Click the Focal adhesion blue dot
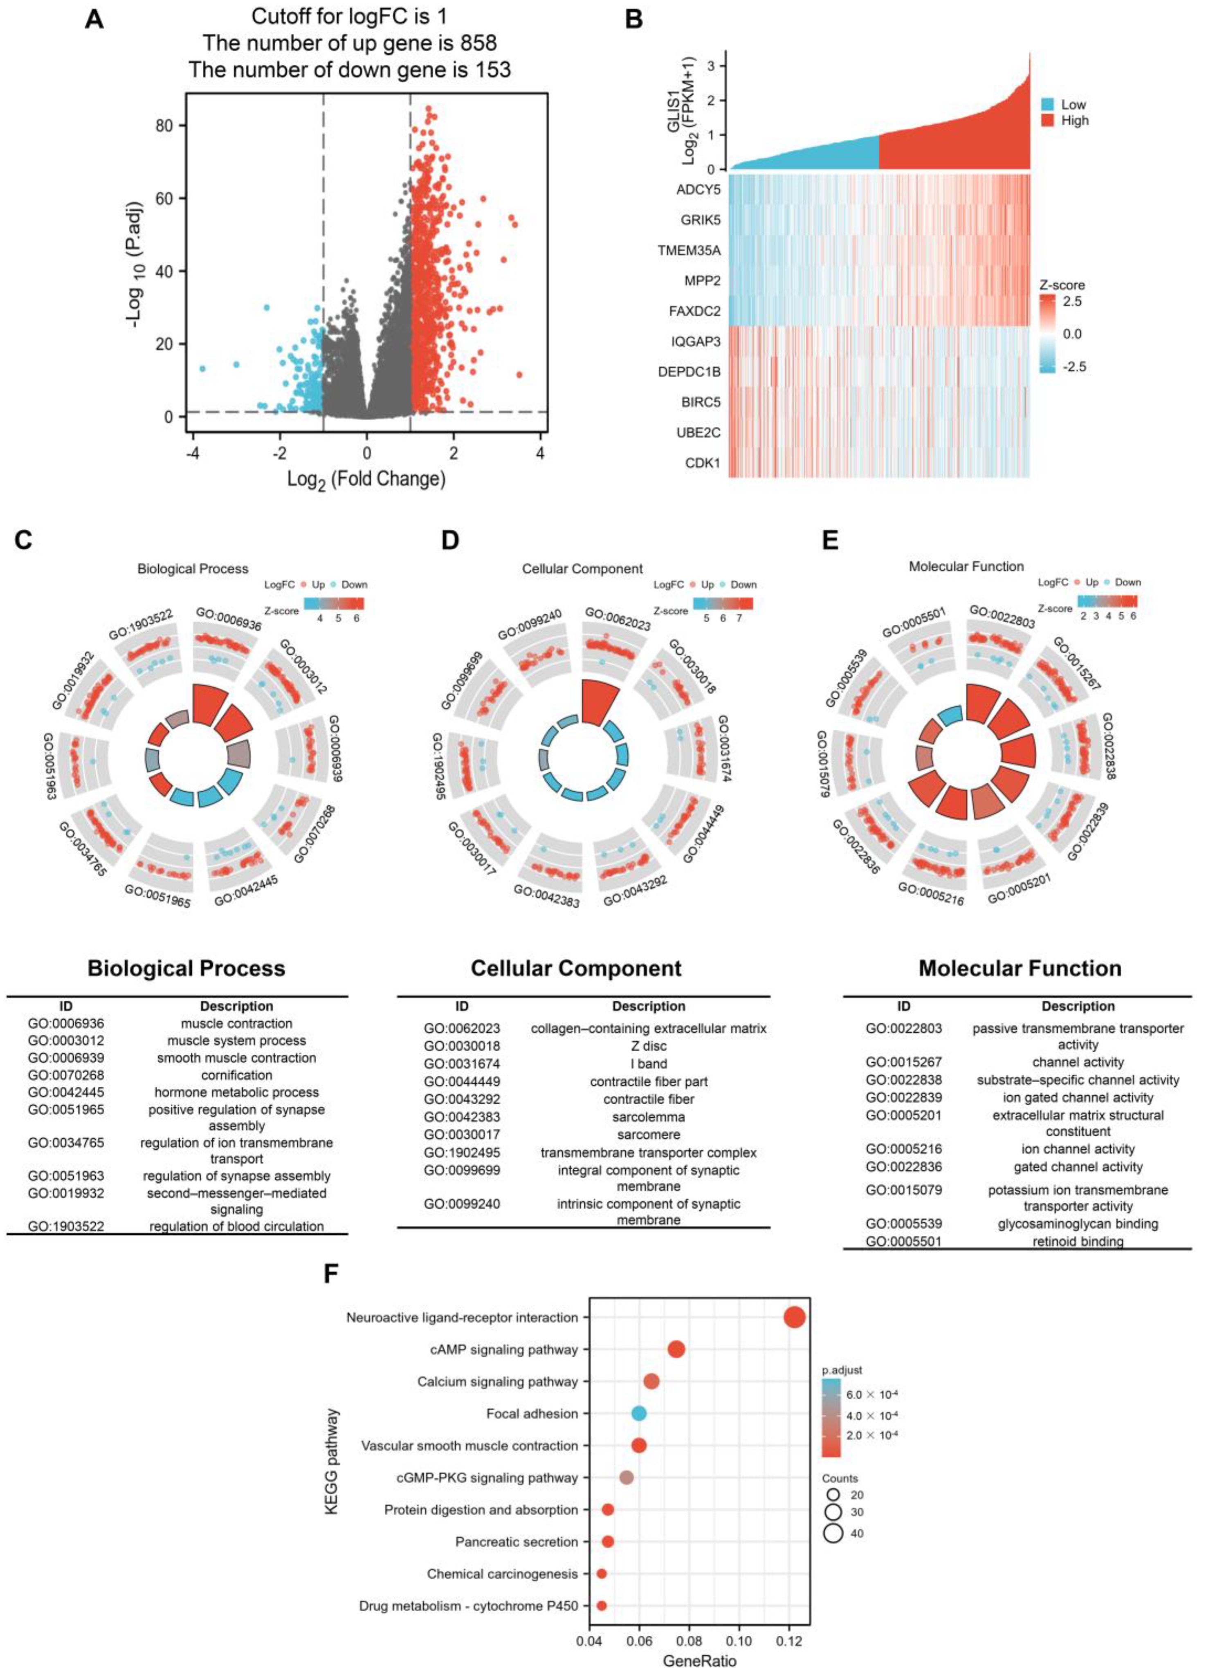pos(639,1413)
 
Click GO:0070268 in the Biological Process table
pos(66,1075)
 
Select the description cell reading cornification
pos(236,1075)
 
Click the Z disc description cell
pos(649,1046)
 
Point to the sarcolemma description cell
pos(649,1117)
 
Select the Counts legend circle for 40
pos(834,1534)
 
